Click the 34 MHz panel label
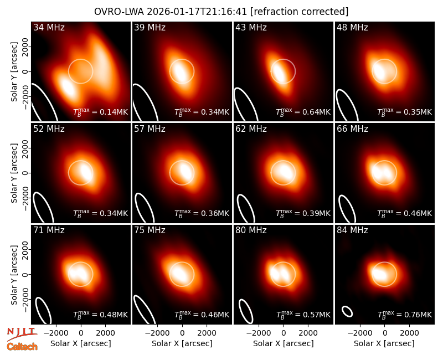pyautogui.click(x=49, y=27)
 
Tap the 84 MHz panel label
pyautogui.click(x=352, y=230)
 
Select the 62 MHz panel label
pyautogui.click(x=251, y=129)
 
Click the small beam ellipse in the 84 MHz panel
pyautogui.click(x=347, y=311)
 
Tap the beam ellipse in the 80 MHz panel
pyautogui.click(x=246, y=311)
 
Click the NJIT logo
pyautogui.click(x=22, y=333)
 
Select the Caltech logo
pyautogui.click(x=22, y=347)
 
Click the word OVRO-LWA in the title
pyautogui.click(x=119, y=12)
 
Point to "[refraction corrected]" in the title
pyautogui.click(x=299, y=12)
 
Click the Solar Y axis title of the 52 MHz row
pyautogui.click(x=14, y=173)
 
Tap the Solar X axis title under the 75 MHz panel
pyautogui.click(x=182, y=343)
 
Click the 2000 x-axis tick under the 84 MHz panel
pyautogui.click(x=409, y=333)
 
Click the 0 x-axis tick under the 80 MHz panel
pyautogui.click(x=284, y=333)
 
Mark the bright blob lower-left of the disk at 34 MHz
pyautogui.click(x=67, y=87)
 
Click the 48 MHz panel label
pyautogui.click(x=352, y=27)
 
